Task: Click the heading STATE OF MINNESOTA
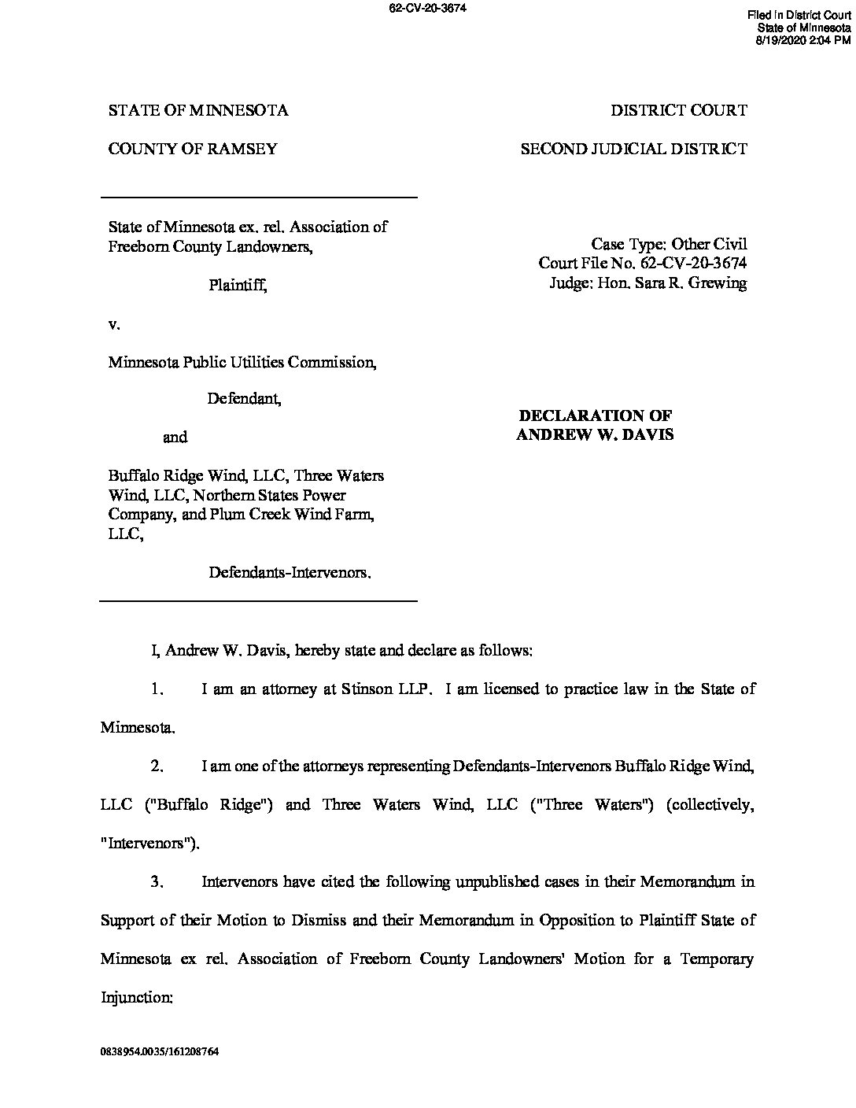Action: tap(198, 110)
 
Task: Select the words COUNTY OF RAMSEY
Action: tap(193, 149)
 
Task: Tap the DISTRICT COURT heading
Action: tap(679, 110)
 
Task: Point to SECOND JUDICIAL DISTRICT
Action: tap(633, 149)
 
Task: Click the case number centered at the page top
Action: tap(427, 9)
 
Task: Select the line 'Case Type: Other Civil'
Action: tap(669, 245)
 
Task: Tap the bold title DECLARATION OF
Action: tap(595, 415)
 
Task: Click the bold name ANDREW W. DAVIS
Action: tap(595, 434)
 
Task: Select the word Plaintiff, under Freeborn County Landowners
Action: tap(238, 286)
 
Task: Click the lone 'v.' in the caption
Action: tap(114, 323)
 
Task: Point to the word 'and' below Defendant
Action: tap(175, 437)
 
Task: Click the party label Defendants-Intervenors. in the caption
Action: tap(290, 572)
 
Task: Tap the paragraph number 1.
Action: tap(157, 689)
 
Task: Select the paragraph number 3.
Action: tap(157, 881)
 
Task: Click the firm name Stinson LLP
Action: tap(387, 689)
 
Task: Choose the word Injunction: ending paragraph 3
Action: tap(137, 997)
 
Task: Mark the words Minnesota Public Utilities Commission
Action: tap(242, 363)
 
